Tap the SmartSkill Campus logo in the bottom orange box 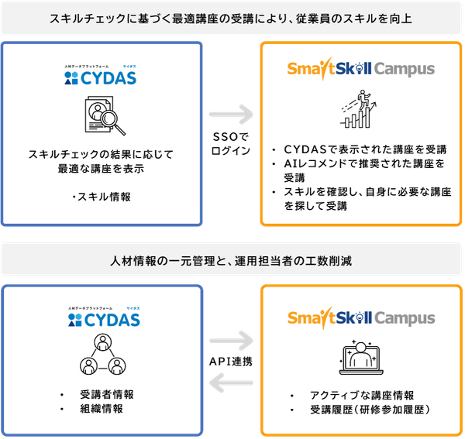pyautogui.click(x=360, y=317)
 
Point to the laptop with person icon pyautogui.click(x=360, y=355)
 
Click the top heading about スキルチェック pyautogui.click(x=232, y=18)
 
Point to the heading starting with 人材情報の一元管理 pyautogui.click(x=232, y=259)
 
